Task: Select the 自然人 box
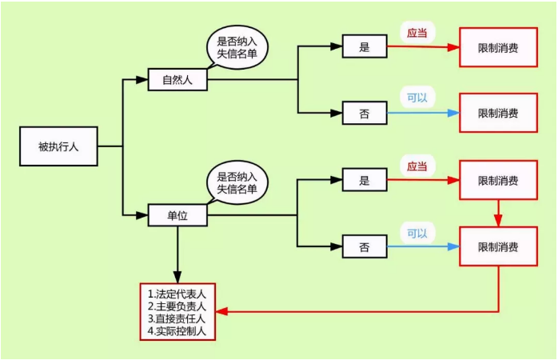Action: [x=177, y=80]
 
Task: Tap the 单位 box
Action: [x=177, y=215]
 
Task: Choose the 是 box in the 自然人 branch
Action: [x=365, y=46]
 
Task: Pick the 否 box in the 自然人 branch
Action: [x=365, y=113]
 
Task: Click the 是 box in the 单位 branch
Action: [x=365, y=180]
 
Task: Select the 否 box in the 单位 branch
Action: [x=365, y=246]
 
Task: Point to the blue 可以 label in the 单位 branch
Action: [x=417, y=234]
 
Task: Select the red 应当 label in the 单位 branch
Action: [x=417, y=166]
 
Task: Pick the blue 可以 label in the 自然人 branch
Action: [x=417, y=98]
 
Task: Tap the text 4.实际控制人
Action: [x=177, y=330]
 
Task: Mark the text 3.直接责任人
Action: [x=177, y=318]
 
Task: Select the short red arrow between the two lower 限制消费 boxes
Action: [x=498, y=213]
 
